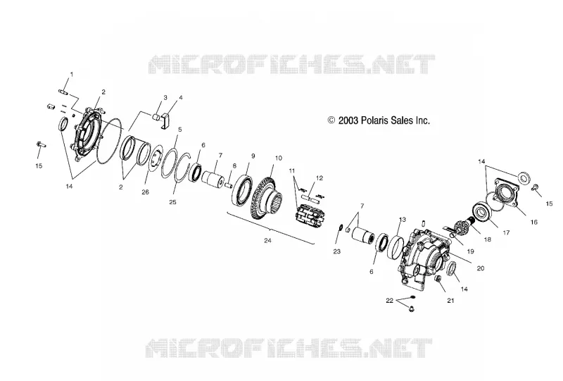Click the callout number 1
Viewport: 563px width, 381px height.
(71, 75)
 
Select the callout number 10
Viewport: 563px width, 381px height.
(279, 158)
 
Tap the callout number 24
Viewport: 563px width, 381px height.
(268, 240)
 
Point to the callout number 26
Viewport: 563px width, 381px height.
(145, 192)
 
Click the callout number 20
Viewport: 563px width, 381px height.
(481, 268)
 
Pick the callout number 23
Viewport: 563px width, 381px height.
(337, 251)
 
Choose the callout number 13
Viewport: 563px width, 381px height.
(402, 219)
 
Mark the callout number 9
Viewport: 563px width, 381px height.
(253, 156)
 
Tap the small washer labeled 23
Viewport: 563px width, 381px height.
(341, 227)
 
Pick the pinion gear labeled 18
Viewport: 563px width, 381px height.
(463, 226)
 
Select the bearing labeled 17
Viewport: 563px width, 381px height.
(483, 213)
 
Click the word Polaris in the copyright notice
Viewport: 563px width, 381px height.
(374, 120)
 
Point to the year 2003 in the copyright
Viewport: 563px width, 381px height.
(348, 120)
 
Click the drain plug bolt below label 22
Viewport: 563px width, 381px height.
(412, 308)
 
